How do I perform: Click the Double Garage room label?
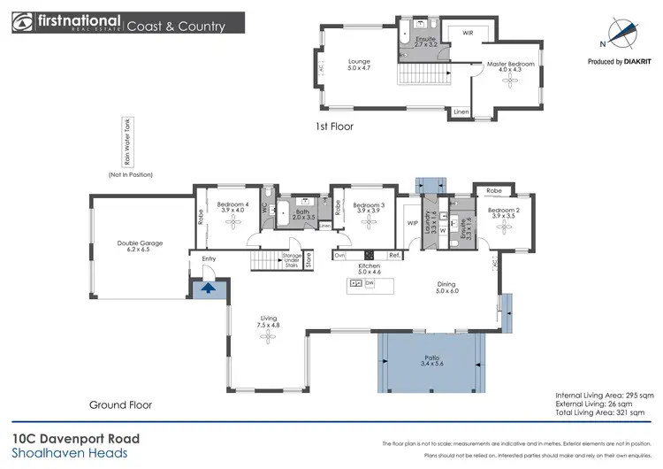click(140, 247)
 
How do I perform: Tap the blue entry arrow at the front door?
click(209, 287)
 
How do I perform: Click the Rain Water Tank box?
click(126, 142)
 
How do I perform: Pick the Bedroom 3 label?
click(365, 209)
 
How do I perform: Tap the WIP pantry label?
click(412, 223)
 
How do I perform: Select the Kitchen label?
click(369, 269)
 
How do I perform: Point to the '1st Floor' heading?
click(334, 127)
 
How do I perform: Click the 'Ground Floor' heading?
click(120, 404)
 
